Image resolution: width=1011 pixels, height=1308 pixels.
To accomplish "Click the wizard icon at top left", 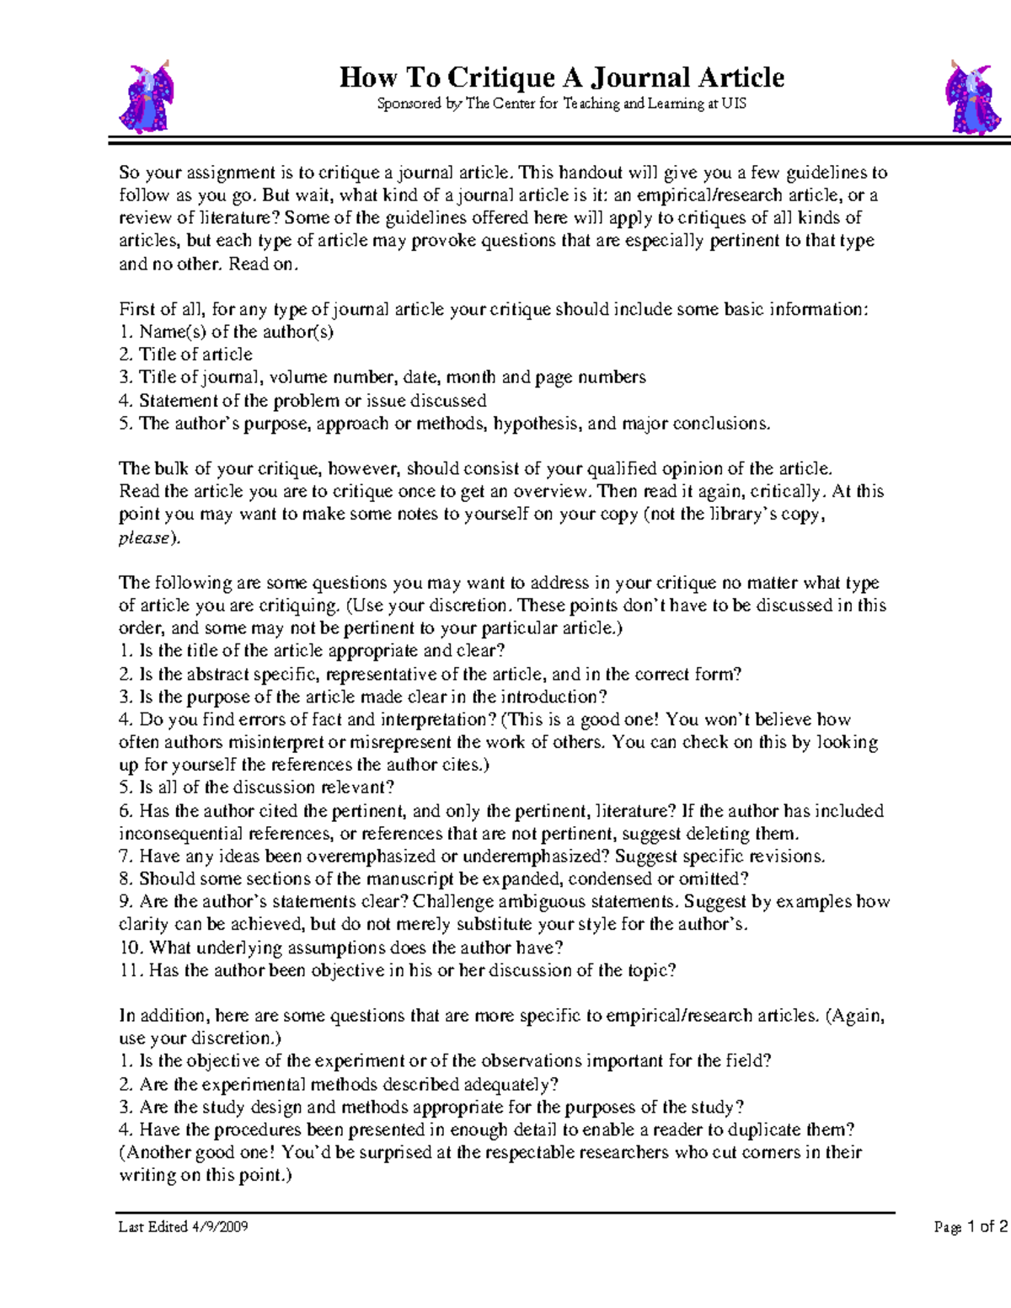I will [147, 97].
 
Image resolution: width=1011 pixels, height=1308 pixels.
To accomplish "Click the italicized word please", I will [145, 537].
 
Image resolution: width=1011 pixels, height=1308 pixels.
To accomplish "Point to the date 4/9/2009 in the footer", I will [219, 1226].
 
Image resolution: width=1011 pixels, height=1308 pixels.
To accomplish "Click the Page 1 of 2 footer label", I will [971, 1226].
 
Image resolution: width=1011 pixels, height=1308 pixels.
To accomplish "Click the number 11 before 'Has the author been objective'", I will [131, 970].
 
